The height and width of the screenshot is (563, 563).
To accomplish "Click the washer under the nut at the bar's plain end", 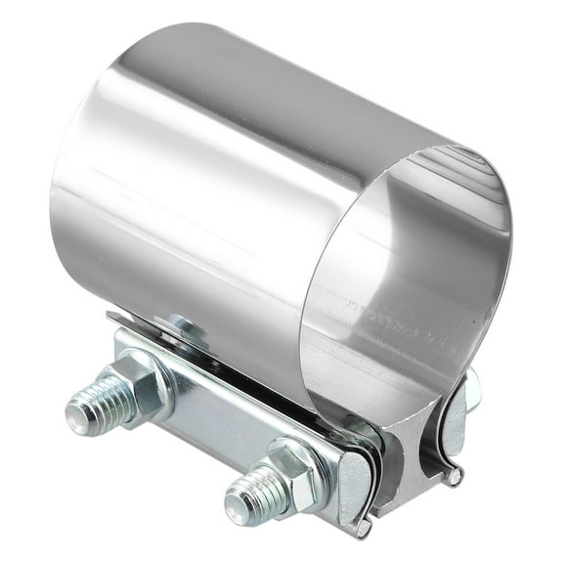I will pos(156,371).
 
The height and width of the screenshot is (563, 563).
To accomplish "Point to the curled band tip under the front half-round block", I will pos(363,529).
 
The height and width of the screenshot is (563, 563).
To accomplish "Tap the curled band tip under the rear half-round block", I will pos(455,476).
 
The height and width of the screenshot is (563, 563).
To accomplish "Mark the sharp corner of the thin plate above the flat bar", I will pos(109,317).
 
